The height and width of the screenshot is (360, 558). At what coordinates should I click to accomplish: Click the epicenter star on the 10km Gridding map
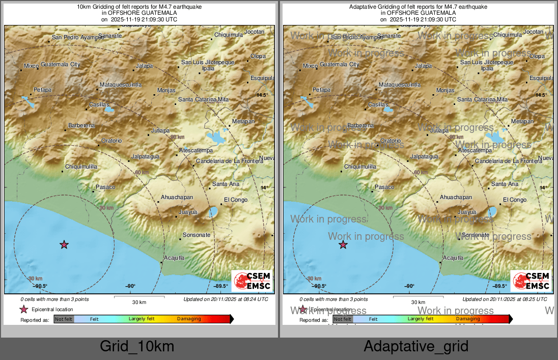[x=64, y=245]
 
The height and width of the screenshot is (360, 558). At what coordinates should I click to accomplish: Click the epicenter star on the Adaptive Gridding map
[x=343, y=245]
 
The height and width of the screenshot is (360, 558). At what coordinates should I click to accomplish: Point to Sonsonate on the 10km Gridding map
[x=197, y=235]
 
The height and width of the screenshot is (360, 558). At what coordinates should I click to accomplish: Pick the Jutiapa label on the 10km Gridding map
[x=160, y=130]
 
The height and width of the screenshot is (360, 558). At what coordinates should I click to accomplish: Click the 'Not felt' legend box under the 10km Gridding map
[x=64, y=319]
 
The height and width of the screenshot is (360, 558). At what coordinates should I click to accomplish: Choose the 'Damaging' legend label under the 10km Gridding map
[x=189, y=319]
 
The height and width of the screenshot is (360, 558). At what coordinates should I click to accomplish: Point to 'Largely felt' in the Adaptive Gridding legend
[x=421, y=319]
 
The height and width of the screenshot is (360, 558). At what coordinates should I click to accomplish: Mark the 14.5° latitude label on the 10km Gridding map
[x=262, y=95]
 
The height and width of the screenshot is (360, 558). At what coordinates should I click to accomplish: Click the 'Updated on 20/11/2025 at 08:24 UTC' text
[x=226, y=299]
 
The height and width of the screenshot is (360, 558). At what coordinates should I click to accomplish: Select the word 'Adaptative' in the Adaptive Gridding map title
[x=362, y=7]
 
